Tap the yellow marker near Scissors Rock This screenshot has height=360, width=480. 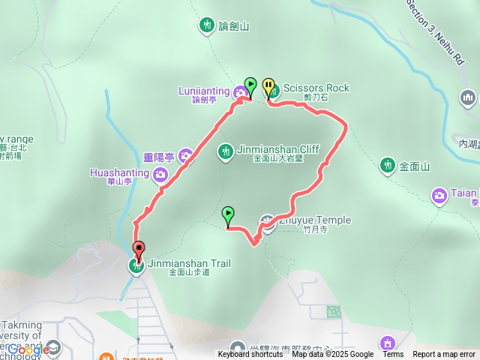pyautogui.click(x=268, y=87)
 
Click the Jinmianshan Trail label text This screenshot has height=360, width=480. pyautogui.click(x=189, y=263)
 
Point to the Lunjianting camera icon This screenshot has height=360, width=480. pyautogui.click(x=240, y=93)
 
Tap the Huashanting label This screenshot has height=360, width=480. pyautogui.click(x=120, y=172)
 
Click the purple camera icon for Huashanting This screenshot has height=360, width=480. pyautogui.click(x=160, y=175)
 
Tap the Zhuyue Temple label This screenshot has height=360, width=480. pyautogui.click(x=316, y=220)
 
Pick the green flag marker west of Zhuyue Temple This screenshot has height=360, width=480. pyautogui.click(x=228, y=215)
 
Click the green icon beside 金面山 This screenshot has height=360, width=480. pyautogui.click(x=388, y=164)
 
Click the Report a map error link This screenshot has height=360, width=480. pyautogui.click(x=444, y=355)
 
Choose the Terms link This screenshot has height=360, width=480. pyautogui.click(x=392, y=355)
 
